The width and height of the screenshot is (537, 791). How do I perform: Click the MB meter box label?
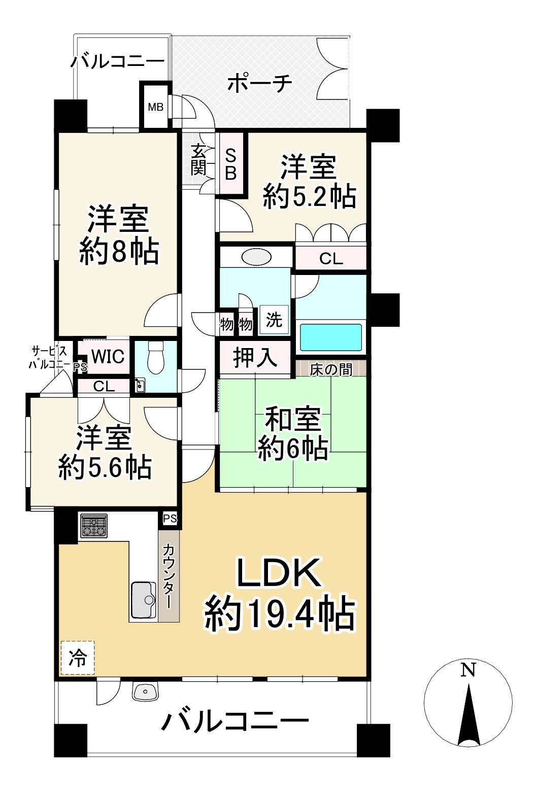[x=155, y=107]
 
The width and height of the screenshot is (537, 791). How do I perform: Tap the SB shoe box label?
[x=231, y=164]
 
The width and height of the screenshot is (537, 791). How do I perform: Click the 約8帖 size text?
[x=119, y=251]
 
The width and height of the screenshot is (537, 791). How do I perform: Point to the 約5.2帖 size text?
[x=309, y=196]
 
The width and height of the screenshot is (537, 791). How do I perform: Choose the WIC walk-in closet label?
[x=108, y=356]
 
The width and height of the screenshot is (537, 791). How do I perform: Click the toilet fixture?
[x=155, y=358]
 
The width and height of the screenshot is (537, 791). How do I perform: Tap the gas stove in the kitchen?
[x=94, y=526]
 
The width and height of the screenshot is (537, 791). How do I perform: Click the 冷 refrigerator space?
[x=78, y=658]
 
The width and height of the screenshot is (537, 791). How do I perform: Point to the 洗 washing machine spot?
[x=274, y=320]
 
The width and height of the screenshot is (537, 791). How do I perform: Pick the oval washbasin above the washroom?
[x=256, y=257]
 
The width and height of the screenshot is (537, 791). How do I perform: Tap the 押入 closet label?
[x=255, y=358]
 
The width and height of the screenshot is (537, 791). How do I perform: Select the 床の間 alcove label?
[x=331, y=369]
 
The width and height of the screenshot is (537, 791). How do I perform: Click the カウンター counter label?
[x=169, y=576]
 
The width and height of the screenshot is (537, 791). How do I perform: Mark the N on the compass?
[x=468, y=670]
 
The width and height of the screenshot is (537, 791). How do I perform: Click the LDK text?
[x=279, y=573]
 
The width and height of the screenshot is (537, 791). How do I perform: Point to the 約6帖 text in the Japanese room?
[x=293, y=448]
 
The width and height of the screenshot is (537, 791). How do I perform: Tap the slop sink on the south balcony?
[x=146, y=692]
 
